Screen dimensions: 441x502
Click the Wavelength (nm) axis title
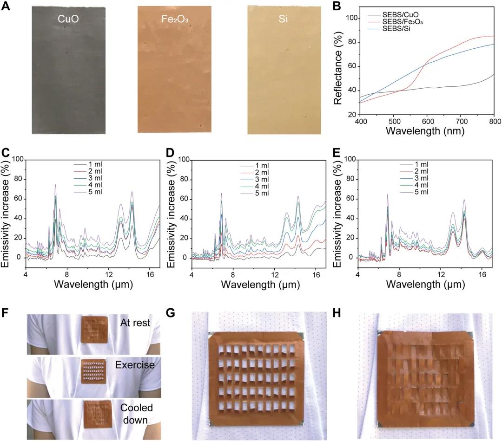point(432,130)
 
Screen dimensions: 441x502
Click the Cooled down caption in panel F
point(136,414)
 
